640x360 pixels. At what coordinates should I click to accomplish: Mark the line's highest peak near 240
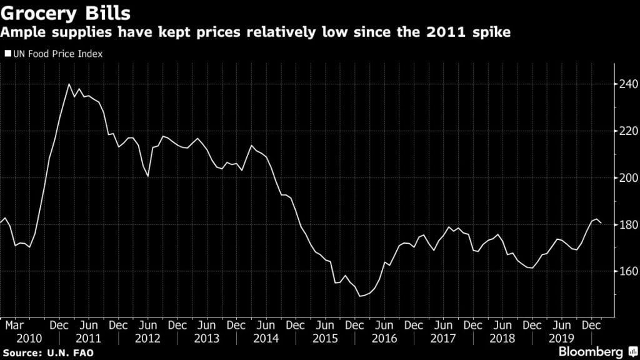[x=69, y=84]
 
